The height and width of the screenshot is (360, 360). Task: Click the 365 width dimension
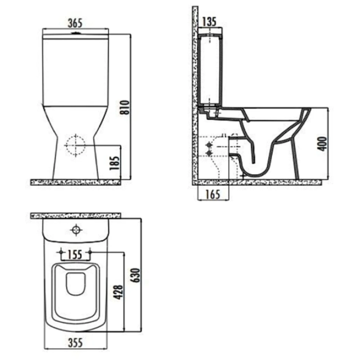pyautogui.click(x=75, y=23)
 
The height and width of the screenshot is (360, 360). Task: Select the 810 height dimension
pyautogui.click(x=125, y=107)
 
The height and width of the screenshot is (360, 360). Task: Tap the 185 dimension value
pyautogui.click(x=115, y=163)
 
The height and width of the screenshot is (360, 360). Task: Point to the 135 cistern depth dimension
pyautogui.click(x=209, y=22)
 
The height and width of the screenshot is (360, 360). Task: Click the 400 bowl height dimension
pyautogui.click(x=322, y=144)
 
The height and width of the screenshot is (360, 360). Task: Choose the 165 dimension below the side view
pyautogui.click(x=212, y=194)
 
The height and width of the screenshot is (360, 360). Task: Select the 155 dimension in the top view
pyautogui.click(x=76, y=254)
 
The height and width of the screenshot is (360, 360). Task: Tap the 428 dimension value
pyautogui.click(x=119, y=292)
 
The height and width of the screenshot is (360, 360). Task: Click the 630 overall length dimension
pyautogui.click(x=136, y=275)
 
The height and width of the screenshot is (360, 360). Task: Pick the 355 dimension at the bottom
pyautogui.click(x=76, y=343)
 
